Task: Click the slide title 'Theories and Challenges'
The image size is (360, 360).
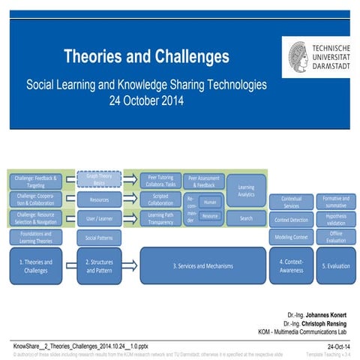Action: pos(145,56)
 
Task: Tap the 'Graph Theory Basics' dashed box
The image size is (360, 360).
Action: pos(98,179)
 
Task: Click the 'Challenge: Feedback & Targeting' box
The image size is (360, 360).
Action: pos(35,181)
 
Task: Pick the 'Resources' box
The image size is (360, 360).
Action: pos(98,200)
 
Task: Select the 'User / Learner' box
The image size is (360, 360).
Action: pos(98,218)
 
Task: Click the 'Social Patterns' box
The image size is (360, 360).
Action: pos(98,238)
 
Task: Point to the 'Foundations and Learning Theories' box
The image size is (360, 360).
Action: pos(35,238)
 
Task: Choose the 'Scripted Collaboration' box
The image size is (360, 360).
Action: pos(160,199)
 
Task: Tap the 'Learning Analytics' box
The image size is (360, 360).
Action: pos(245,190)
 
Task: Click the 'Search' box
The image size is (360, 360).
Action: pos(245,218)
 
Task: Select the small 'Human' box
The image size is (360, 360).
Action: pos(210,202)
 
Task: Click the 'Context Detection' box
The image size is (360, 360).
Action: pos(291,219)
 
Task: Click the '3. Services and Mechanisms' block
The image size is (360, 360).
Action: pos(202,266)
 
